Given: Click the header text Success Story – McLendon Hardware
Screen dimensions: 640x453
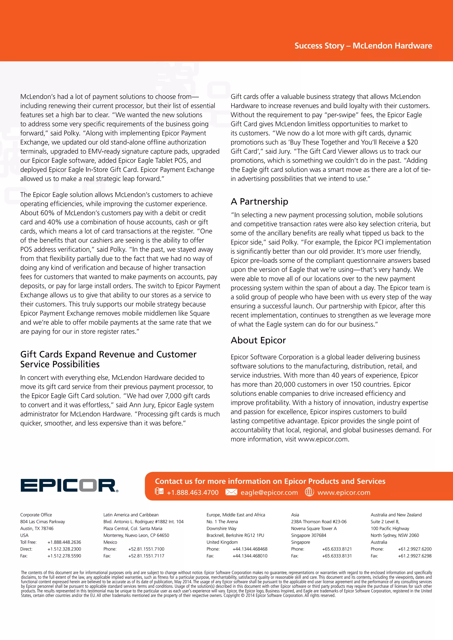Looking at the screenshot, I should click(x=363, y=46).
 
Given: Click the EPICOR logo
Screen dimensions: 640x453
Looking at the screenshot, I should click(x=69, y=486).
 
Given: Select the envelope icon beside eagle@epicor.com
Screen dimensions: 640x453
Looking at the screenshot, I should click(x=231, y=492).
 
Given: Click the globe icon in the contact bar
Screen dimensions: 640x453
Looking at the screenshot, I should click(x=309, y=492).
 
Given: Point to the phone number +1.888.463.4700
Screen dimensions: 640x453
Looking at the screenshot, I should click(x=192, y=493).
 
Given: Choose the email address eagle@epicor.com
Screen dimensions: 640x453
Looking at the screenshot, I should click(x=269, y=493).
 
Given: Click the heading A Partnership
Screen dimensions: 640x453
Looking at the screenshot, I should click(x=259, y=202).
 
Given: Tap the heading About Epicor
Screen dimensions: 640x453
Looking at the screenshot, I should click(x=258, y=340).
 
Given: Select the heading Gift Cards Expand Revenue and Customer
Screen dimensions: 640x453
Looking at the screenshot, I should click(x=108, y=354).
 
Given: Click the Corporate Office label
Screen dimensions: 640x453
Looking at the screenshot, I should click(x=36, y=515).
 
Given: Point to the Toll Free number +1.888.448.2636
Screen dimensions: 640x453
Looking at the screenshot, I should click(x=64, y=542).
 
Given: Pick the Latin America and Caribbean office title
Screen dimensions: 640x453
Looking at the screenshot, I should click(x=131, y=515).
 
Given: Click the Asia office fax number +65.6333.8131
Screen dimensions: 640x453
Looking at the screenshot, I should click(x=337, y=556).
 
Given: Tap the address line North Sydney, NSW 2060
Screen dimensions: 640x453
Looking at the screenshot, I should click(x=394, y=535).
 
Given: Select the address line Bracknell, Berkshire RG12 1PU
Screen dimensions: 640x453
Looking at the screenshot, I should click(x=235, y=535).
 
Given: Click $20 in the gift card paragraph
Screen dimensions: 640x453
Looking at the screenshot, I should click(x=412, y=143).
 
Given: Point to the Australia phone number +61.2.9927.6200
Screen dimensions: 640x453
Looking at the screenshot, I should click(x=415, y=549).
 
